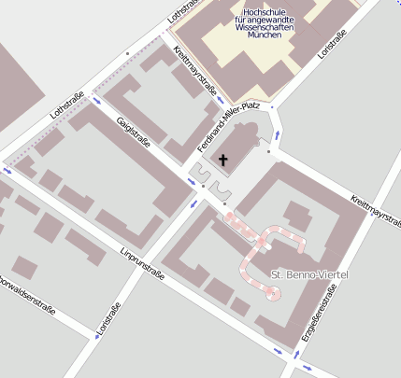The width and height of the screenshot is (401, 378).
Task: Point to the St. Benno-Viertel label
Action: (309, 275)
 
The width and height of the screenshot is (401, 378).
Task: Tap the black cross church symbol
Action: (222, 161)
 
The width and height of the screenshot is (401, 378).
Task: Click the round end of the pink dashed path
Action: (272, 293)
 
